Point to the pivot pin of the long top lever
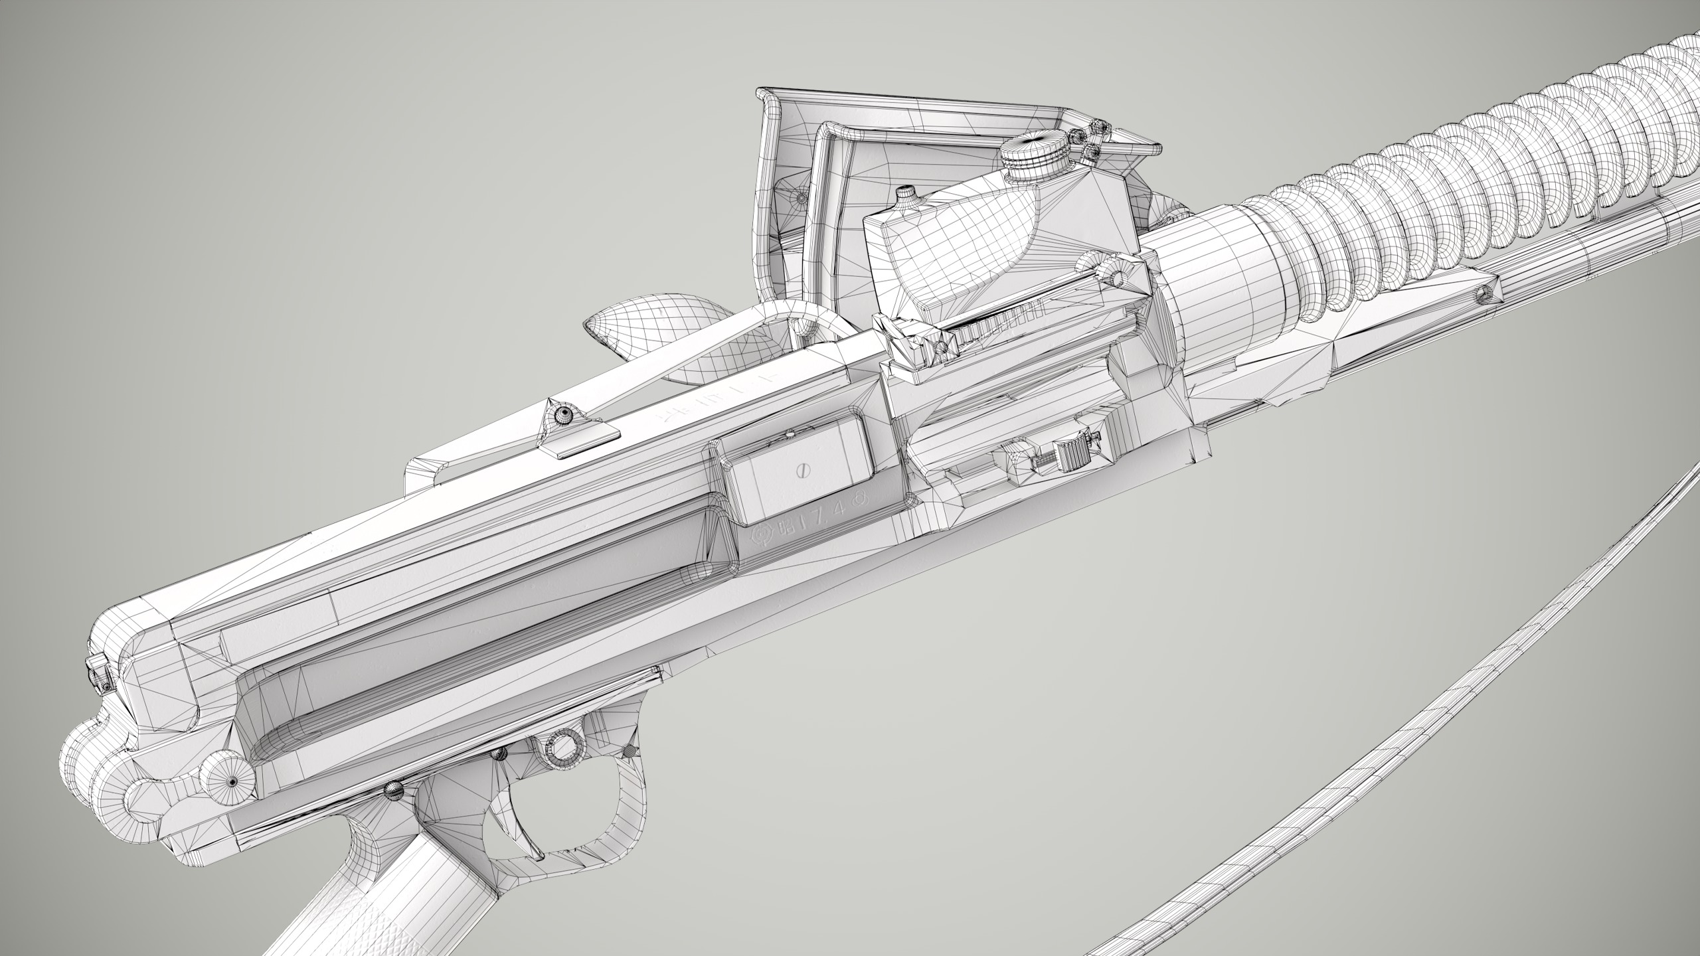point(564,416)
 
